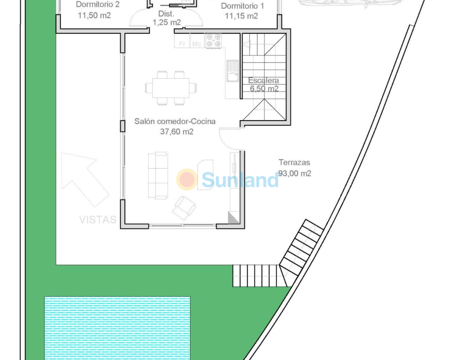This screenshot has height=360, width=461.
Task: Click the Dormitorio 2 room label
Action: [x=98, y=4]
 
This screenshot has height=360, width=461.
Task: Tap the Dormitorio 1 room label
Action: [x=242, y=6]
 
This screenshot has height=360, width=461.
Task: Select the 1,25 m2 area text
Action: [x=167, y=22]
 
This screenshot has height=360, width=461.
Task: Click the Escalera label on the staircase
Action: [x=263, y=80]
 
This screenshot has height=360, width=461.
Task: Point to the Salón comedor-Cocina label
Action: [x=175, y=121]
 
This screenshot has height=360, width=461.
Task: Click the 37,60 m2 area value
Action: [x=176, y=131]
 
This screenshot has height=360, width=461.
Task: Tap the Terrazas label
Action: [x=294, y=162]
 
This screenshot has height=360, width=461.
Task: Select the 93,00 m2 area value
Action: [x=294, y=173]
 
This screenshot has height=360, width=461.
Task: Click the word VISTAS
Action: [x=98, y=220]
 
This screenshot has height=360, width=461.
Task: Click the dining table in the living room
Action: [x=171, y=88]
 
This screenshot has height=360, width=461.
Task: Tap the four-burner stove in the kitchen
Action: [x=213, y=40]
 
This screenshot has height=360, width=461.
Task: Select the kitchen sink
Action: [x=233, y=71]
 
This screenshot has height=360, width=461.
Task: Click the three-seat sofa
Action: [x=158, y=175]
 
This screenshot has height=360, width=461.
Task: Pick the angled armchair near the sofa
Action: [x=184, y=208]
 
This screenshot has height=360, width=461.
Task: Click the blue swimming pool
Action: [x=118, y=328]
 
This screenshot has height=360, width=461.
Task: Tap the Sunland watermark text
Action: [x=240, y=180]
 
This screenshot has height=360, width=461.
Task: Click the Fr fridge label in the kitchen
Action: [x=182, y=44]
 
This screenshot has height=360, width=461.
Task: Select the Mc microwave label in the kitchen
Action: [x=196, y=44]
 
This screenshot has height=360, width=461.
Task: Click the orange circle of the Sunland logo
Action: [x=187, y=179]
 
